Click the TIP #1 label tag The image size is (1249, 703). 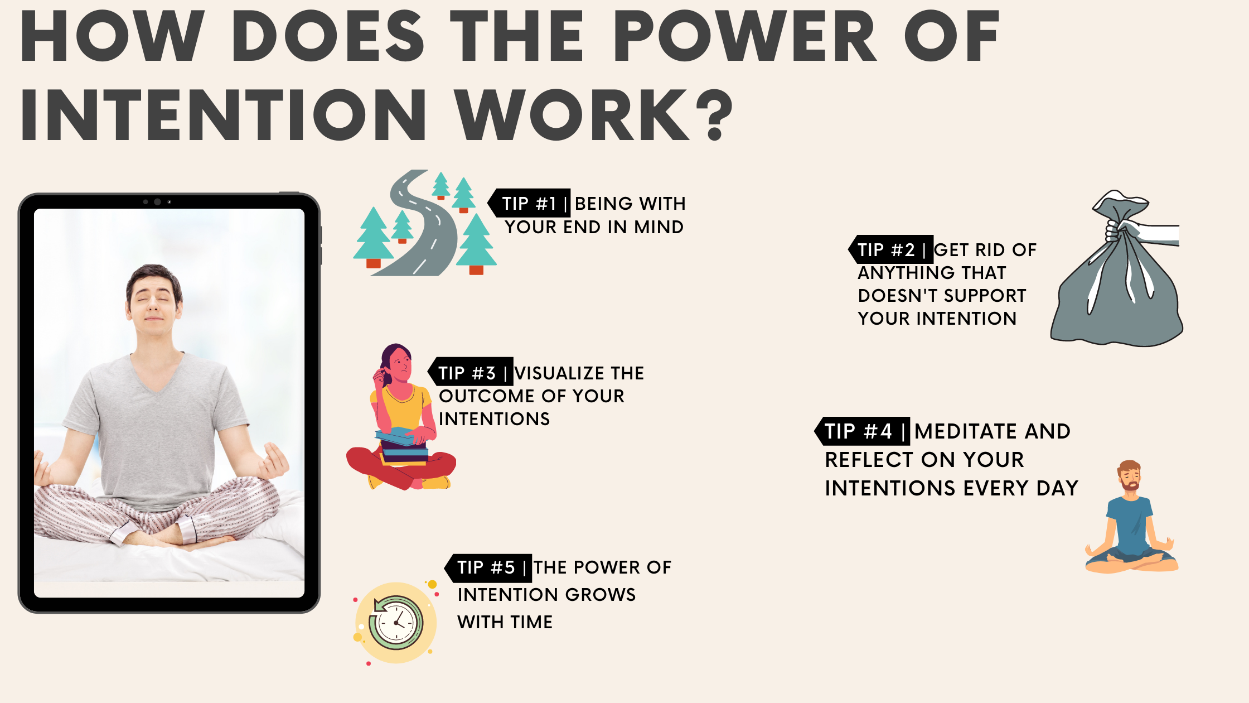tap(529, 203)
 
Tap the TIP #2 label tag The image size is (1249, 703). tap(890, 249)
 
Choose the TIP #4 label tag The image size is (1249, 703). tap(862, 431)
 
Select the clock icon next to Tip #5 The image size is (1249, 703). tap(396, 623)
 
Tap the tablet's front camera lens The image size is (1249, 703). tap(157, 202)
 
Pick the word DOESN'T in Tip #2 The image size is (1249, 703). tap(897, 295)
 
